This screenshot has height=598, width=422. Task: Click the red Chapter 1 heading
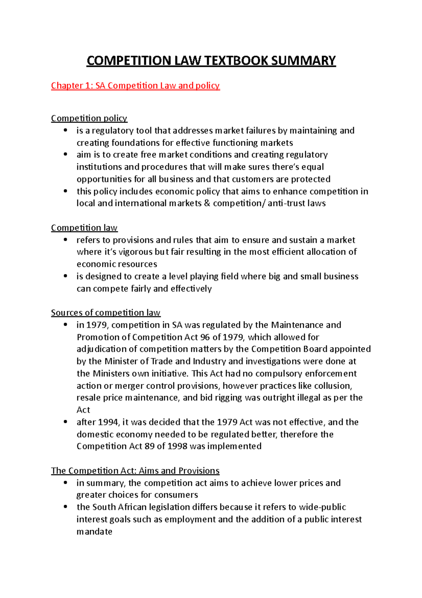[x=135, y=86]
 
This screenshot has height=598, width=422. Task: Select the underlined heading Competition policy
[x=89, y=118]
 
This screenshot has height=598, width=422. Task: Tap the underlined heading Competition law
[x=84, y=228]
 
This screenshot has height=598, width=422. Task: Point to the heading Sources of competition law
[x=105, y=313]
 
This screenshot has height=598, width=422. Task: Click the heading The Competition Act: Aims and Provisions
[x=135, y=471]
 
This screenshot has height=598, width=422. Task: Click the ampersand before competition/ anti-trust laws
[x=207, y=204]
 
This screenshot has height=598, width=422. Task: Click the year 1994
[x=108, y=422]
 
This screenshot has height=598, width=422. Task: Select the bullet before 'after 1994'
[x=65, y=422]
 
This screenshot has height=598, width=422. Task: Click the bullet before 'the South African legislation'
[x=65, y=507]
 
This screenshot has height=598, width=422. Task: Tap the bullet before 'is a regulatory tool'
[x=65, y=130]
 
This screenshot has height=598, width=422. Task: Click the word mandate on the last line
[x=94, y=532]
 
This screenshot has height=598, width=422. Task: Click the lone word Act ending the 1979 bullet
[x=83, y=410]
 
